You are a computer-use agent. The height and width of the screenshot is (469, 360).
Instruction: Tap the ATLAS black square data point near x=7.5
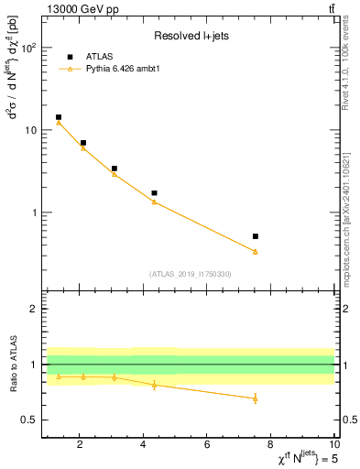tap(255, 236)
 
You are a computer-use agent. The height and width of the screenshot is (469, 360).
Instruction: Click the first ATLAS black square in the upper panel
tap(59, 117)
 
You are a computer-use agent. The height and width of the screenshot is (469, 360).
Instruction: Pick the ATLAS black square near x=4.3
tap(154, 193)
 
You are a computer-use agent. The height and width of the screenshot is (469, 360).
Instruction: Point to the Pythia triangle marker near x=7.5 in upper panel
tap(255, 251)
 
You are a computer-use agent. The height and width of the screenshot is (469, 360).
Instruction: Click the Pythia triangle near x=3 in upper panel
tap(114, 173)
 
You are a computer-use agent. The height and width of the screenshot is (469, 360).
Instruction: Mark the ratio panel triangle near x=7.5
tap(255, 398)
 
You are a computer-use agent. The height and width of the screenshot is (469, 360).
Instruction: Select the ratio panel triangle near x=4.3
tap(154, 385)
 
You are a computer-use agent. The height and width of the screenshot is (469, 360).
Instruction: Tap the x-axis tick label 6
tap(207, 444)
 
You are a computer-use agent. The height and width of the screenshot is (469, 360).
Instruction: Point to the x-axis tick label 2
tap(81, 444)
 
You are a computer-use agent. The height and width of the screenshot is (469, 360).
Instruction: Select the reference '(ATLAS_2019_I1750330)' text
tap(190, 274)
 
